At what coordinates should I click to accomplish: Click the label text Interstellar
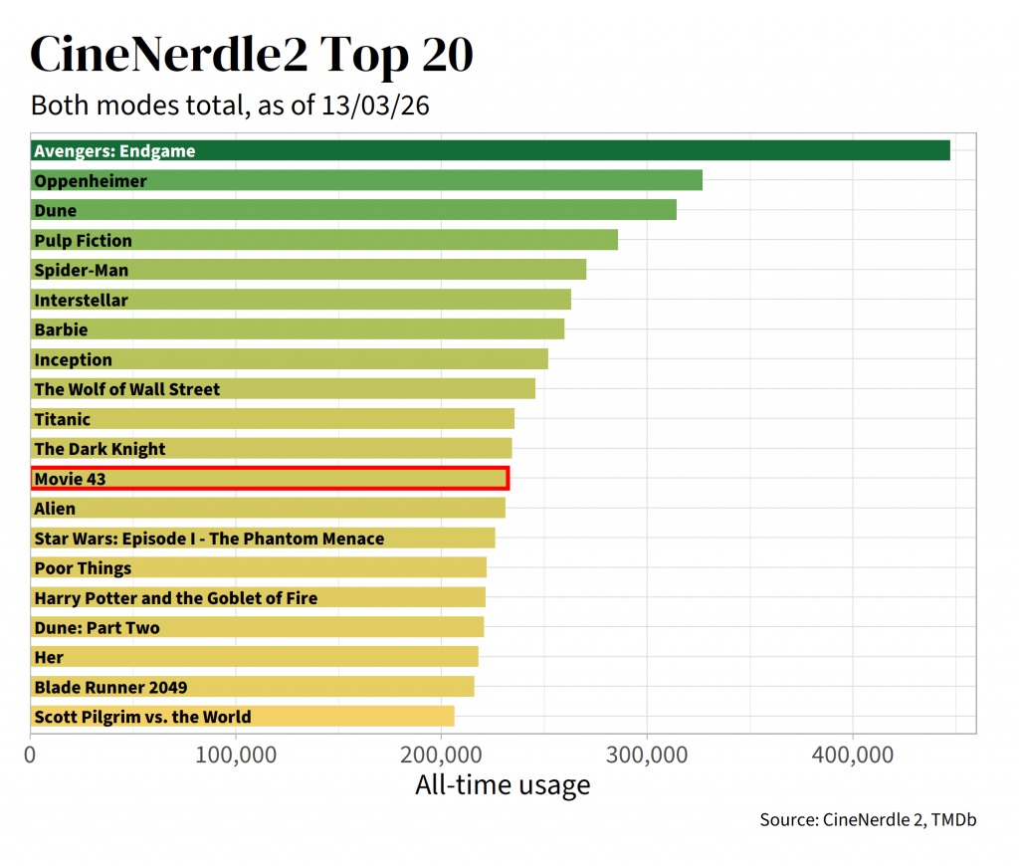(81, 300)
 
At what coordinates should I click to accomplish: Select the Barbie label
(61, 329)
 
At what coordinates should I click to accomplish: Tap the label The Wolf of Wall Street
(126, 389)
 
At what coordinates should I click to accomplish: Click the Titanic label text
(62, 419)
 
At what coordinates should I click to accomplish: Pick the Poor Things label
(83, 568)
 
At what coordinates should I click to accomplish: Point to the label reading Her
(49, 657)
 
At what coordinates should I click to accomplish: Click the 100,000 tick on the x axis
(236, 755)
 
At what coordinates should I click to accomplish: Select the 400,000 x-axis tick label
(853, 755)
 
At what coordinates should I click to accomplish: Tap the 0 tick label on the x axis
(31, 755)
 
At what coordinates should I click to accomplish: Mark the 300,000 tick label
(648, 755)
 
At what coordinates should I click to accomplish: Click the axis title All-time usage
(503, 785)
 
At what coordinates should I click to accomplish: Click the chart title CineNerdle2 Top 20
(252, 55)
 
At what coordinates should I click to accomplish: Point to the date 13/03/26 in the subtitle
(375, 106)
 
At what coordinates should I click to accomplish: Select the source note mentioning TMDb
(867, 820)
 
